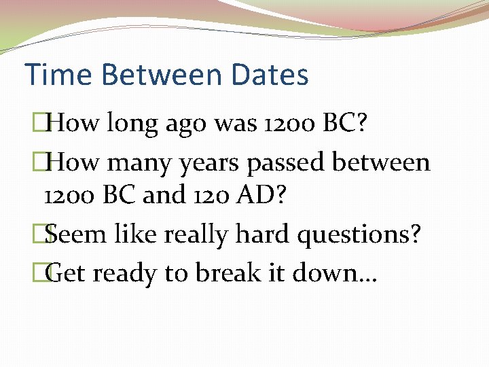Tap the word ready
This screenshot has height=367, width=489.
coord(126,274)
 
